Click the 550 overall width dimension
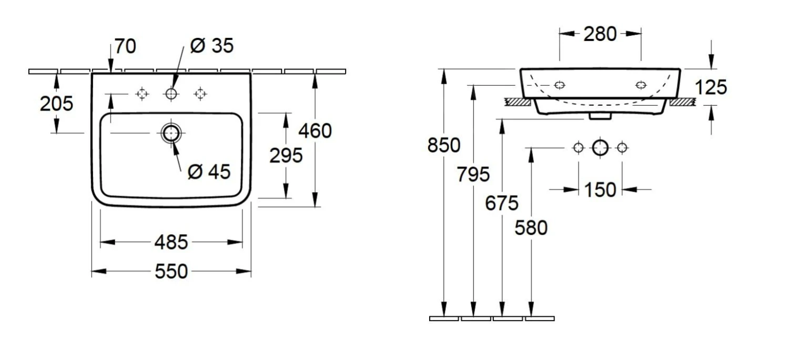pos(171,272)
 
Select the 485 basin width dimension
pos(171,242)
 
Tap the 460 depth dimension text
pos(315,131)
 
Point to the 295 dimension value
pos(286,155)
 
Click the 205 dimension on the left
pos(56,104)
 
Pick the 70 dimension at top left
pos(125,47)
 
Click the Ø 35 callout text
pos(211,46)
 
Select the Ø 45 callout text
pos(209,172)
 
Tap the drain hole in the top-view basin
pos(171,133)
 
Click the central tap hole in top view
pos(171,94)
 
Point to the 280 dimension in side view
pos(600,34)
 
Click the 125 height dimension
pos(711,87)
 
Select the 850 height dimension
pos(443,145)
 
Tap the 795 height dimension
pos(473,174)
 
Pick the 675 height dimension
pos(502,203)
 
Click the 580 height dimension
pos(531,228)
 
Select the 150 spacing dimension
pos(600,189)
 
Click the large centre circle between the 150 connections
pos(600,148)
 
